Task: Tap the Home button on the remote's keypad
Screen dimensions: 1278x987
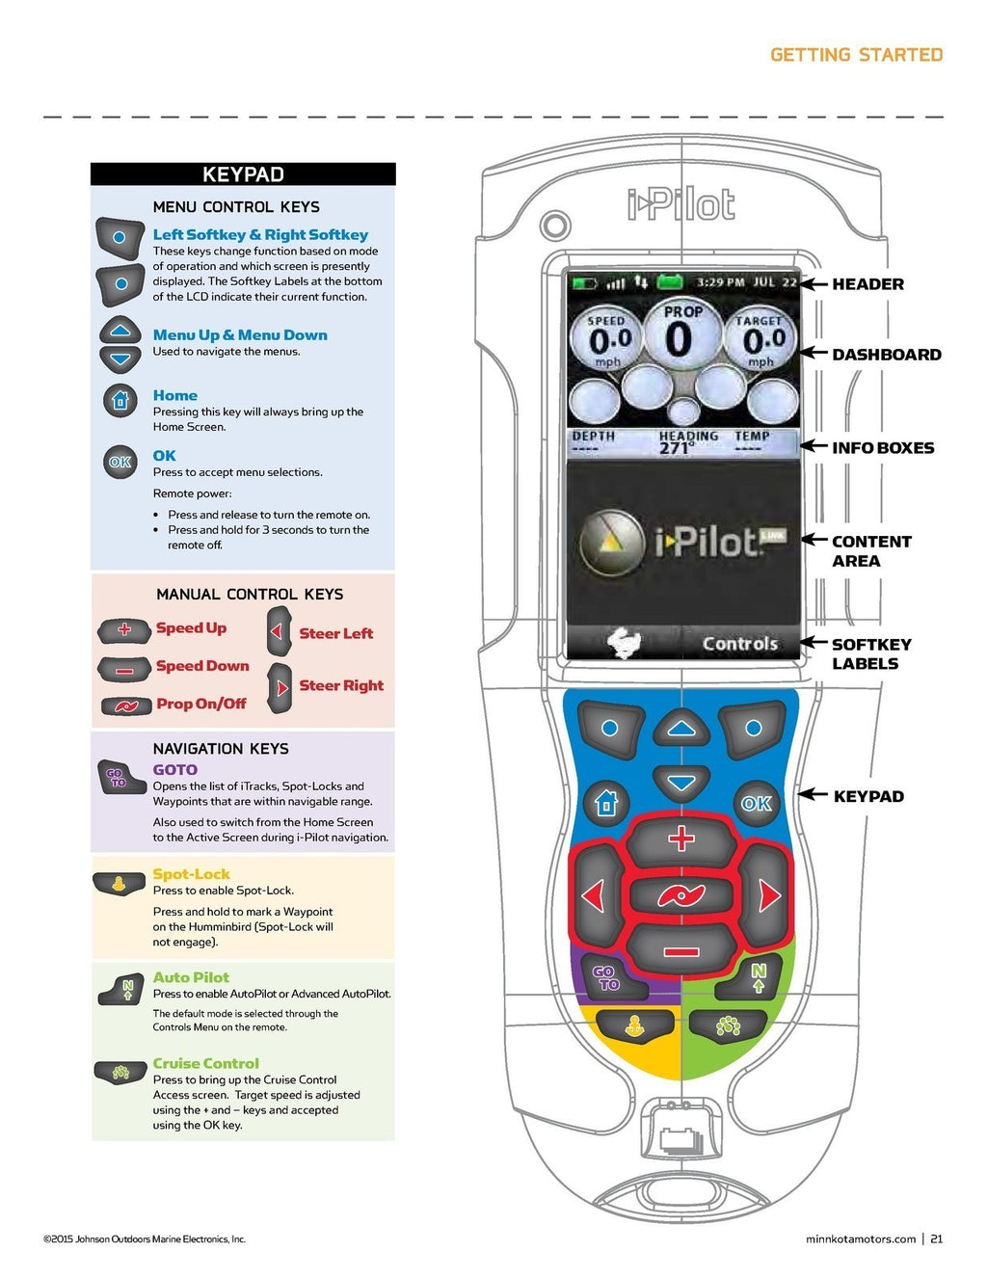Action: (606, 802)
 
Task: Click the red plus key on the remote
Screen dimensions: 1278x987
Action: (681, 839)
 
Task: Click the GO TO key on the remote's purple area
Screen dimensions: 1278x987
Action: (606, 977)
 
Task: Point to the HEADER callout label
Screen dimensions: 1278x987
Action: (867, 284)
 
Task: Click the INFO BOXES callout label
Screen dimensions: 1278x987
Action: (882, 448)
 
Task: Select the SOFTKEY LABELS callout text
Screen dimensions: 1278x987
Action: (870, 654)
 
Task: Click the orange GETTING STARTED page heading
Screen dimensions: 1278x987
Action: (856, 55)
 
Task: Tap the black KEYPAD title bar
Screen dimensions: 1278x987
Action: (243, 174)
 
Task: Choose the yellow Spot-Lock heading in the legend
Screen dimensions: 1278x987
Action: (191, 874)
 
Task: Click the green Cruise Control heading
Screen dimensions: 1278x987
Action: (205, 1063)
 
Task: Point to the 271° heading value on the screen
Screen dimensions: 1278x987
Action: (675, 449)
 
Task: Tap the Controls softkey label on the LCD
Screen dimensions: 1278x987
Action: (739, 644)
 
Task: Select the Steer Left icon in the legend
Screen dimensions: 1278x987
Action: (279, 632)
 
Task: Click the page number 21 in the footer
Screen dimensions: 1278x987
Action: (936, 1239)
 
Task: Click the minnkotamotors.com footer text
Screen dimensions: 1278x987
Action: (860, 1239)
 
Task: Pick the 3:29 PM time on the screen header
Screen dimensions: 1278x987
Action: (720, 282)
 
